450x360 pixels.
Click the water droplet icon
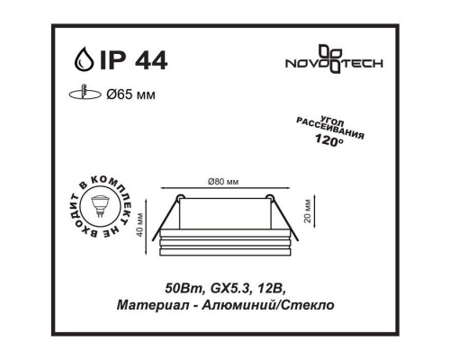(84, 59)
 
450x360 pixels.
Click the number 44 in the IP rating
(151, 60)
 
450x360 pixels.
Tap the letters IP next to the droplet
(112, 60)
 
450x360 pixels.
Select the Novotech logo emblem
(330, 58)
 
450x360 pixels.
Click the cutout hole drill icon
(85, 92)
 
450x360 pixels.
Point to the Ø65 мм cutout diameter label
(131, 95)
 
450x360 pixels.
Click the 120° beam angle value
(329, 140)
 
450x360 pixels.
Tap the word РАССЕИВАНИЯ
(330, 129)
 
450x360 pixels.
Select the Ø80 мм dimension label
(223, 182)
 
